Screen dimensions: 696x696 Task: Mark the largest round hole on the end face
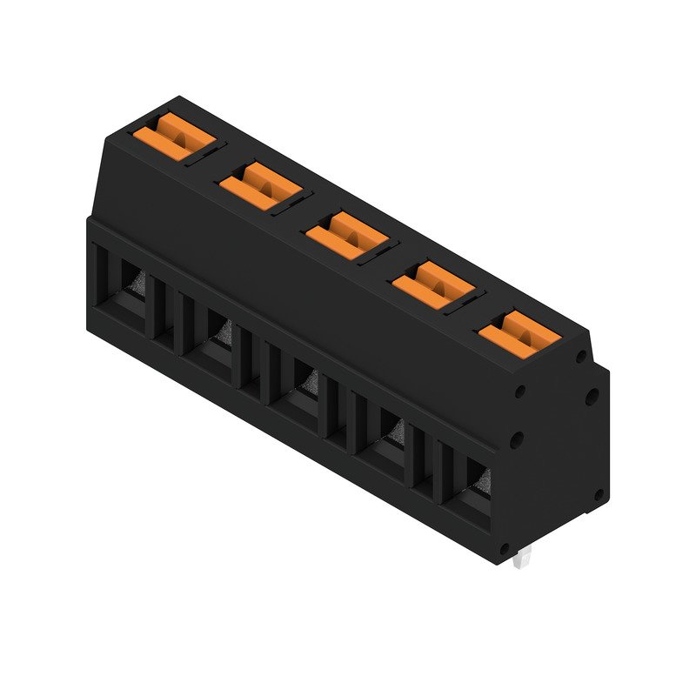[x=591, y=397]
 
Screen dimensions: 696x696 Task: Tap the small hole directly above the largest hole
[x=579, y=356]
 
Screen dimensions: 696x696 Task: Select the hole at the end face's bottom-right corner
[x=598, y=495]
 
